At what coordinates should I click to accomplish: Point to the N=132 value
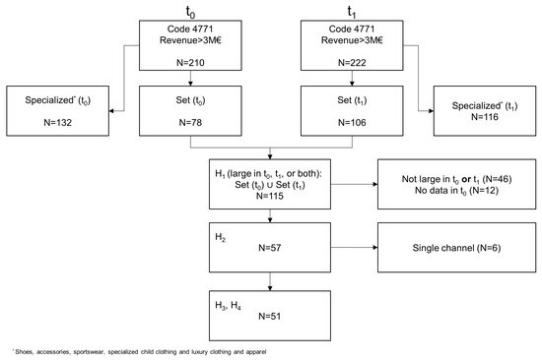62,124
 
